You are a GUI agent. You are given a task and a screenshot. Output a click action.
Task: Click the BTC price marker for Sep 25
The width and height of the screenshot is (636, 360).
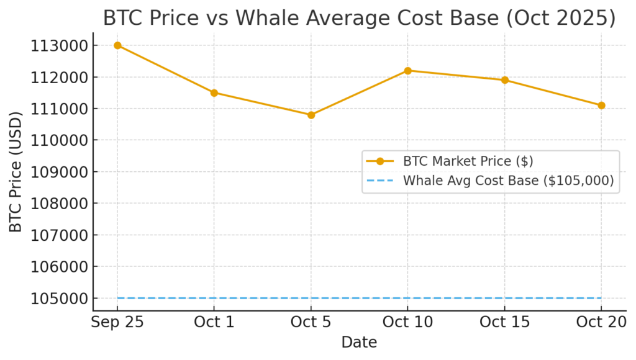pyautogui.click(x=117, y=45)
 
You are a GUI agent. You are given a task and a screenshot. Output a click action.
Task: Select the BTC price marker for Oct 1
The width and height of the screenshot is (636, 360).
pyautogui.click(x=214, y=92)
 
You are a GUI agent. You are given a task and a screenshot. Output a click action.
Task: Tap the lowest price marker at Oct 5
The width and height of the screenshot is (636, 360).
pyautogui.click(x=311, y=115)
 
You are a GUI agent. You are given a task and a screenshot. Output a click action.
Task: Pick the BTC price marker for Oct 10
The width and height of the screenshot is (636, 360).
pyautogui.click(x=408, y=71)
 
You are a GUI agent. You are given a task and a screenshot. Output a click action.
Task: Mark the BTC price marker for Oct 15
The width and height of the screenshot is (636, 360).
pyautogui.click(x=505, y=80)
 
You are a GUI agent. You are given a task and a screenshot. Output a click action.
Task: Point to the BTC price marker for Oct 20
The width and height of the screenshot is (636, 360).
pyautogui.click(x=601, y=106)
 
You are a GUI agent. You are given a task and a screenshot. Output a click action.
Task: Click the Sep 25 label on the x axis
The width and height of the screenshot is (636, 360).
pyautogui.click(x=117, y=323)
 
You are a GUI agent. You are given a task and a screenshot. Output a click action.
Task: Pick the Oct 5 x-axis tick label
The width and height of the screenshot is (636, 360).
pyautogui.click(x=311, y=323)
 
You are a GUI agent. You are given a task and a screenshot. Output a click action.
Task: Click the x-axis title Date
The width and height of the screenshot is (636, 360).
pyautogui.click(x=359, y=342)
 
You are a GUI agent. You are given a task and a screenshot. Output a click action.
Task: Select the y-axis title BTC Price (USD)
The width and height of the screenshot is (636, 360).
pyautogui.click(x=16, y=172)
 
